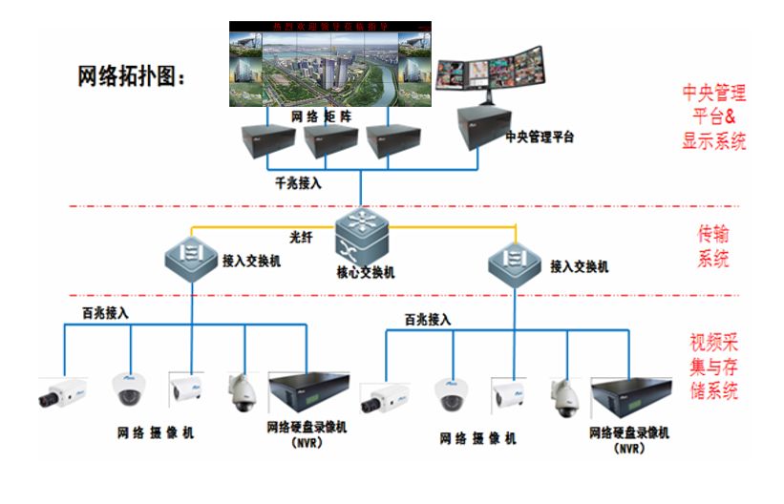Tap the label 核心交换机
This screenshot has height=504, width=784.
pos(365,272)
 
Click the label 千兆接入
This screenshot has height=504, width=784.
pos(295,183)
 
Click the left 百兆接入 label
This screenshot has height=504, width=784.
pos(104,312)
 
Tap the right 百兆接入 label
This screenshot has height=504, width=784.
pos(427,320)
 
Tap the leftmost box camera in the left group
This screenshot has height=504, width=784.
pos(64,392)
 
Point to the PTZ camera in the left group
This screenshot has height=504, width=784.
pos(242,389)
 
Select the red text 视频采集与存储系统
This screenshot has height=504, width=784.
pos(715,367)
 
